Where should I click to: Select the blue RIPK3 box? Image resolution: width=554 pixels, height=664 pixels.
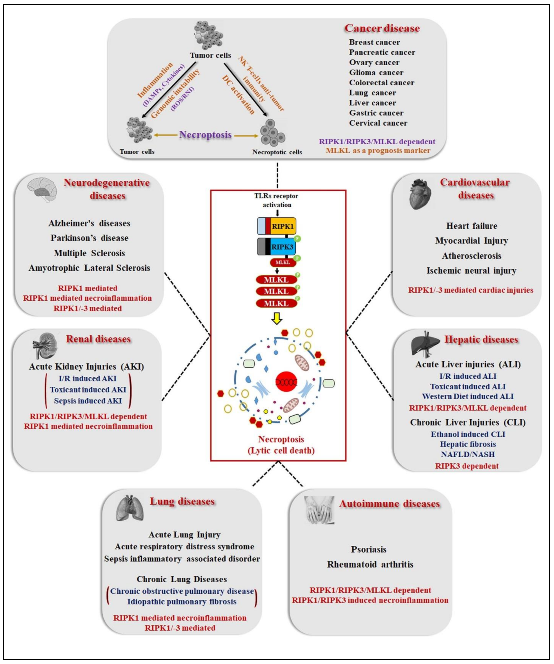click(282, 247)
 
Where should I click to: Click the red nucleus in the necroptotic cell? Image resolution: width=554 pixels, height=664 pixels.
click(286, 382)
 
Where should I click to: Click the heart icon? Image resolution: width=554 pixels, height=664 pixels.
click(420, 194)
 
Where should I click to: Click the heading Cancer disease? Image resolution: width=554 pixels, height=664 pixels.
click(382, 28)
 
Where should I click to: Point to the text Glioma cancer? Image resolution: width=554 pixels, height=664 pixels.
click(376, 72)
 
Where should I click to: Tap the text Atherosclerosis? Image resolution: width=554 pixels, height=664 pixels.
click(471, 255)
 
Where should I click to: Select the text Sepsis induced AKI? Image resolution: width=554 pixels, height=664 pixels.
click(88, 401)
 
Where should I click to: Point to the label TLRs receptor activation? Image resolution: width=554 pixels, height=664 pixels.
click(276, 200)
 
